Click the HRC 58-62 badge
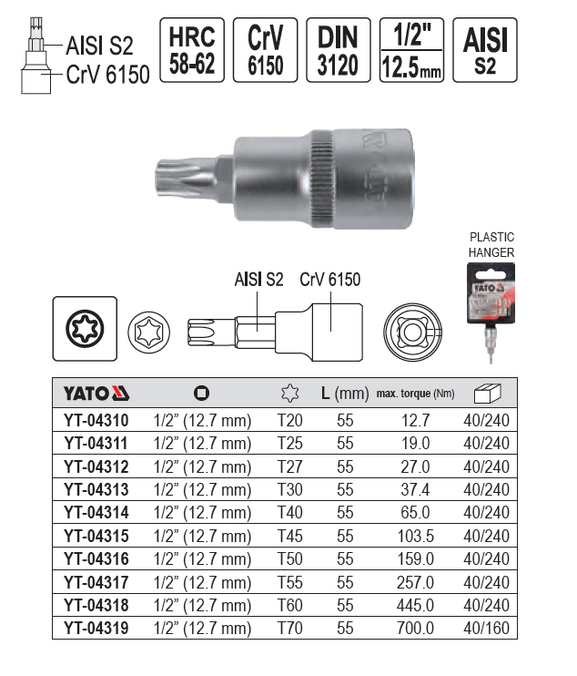(x=192, y=50)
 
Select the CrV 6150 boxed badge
(x=265, y=50)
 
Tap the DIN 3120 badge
(x=339, y=50)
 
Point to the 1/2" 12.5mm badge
(x=411, y=50)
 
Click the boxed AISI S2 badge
(x=485, y=50)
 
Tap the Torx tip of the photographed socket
(x=185, y=179)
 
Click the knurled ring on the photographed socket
(x=320, y=179)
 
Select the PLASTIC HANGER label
(x=491, y=244)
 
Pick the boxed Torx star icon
(x=85, y=329)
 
